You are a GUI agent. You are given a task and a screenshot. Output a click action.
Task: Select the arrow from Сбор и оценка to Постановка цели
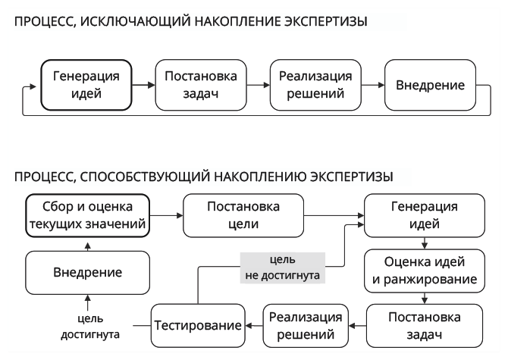pyautogui.click(x=166, y=215)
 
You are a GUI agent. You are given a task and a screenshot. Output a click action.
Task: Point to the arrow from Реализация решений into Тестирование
pyautogui.click(x=252, y=324)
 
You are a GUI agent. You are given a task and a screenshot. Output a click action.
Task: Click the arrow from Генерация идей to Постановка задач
pyautogui.click(x=143, y=84)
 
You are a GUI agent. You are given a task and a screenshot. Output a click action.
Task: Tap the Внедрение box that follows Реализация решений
pyautogui.click(x=431, y=84)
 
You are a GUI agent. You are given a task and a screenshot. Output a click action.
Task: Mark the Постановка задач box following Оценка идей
pyautogui.click(x=423, y=324)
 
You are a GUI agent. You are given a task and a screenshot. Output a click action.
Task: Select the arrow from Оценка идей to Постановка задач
pyautogui.click(x=423, y=297)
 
